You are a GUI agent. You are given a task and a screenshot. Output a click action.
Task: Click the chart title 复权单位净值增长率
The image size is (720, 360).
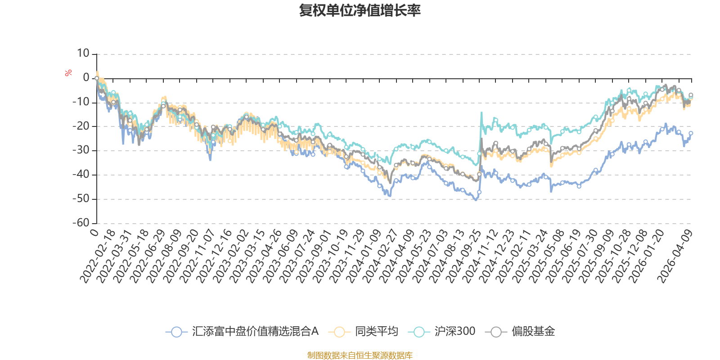pyautogui.click(x=360, y=10)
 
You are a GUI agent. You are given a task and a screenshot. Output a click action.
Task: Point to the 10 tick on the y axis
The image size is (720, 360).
pyautogui.click(x=83, y=54)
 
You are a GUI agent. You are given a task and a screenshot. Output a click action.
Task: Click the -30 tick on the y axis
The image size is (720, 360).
pyautogui.click(x=81, y=150)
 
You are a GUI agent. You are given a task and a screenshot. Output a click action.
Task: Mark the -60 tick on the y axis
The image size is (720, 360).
pyautogui.click(x=81, y=223)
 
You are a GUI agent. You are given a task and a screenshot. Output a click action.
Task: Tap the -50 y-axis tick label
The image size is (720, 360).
pyautogui.click(x=81, y=198)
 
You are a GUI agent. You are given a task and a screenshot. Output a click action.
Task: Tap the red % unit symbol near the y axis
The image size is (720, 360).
pyautogui.click(x=68, y=73)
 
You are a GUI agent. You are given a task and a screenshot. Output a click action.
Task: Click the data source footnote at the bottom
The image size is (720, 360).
pyautogui.click(x=360, y=355)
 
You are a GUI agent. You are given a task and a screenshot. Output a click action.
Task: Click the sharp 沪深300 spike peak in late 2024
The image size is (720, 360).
pyautogui.click(x=481, y=112)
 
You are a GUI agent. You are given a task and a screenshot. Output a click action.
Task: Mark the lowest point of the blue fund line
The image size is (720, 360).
pyautogui.click(x=476, y=199)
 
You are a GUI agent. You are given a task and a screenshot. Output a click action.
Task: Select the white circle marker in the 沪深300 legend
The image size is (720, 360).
pyautogui.click(x=419, y=332)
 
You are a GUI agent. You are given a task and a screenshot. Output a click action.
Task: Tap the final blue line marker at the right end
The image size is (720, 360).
pyautogui.click(x=691, y=133)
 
